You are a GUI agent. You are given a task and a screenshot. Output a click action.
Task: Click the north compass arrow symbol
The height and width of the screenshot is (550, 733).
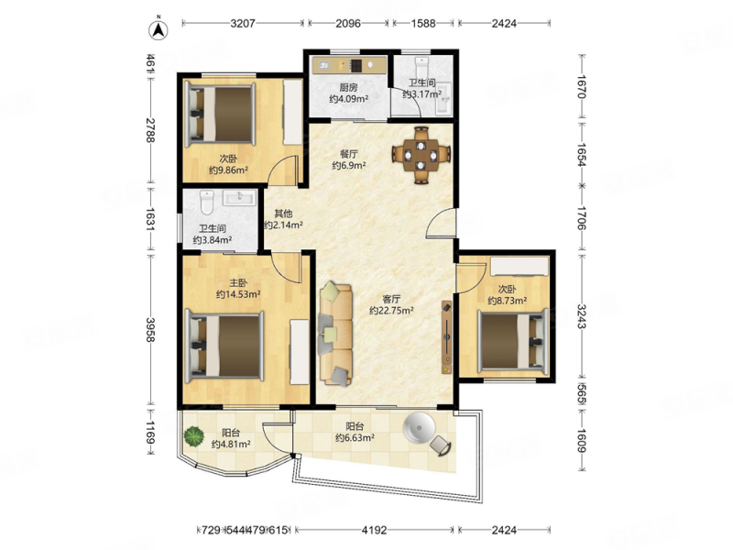coord(159,30)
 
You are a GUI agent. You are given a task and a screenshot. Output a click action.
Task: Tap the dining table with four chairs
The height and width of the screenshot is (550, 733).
coord(421,154)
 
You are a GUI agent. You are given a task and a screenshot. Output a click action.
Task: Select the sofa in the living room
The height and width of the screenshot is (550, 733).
coord(335,334)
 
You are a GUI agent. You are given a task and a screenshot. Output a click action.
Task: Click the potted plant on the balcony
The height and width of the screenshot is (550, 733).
coord(194,436)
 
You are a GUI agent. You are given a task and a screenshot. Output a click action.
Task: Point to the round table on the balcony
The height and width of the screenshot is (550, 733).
coord(420,427)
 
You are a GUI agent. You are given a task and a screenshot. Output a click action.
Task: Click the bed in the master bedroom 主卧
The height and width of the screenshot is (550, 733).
coord(224,346)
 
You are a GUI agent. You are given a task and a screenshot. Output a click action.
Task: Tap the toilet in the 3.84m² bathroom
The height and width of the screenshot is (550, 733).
coord(206,202)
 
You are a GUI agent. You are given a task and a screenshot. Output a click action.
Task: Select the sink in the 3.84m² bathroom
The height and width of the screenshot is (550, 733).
coord(240,198)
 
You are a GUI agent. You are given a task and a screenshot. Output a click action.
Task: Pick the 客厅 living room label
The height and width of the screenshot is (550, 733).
coord(391,299)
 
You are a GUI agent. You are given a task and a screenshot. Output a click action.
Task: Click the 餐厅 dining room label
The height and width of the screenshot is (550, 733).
coord(349,154)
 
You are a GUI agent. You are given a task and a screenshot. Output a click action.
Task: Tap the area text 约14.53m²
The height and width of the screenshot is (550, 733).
coord(238,294)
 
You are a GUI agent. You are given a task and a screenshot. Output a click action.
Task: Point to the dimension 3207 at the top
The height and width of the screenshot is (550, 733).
coord(243,23)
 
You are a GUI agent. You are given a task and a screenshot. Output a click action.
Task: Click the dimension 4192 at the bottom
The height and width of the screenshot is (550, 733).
coord(375,530)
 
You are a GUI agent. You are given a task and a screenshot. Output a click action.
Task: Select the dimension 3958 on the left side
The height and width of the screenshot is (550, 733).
coord(149,330)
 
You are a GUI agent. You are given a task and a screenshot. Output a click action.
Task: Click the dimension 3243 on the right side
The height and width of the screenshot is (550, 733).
coord(581,316)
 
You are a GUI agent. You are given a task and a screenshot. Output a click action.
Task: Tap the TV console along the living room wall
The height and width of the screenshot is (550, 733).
coord(447,336)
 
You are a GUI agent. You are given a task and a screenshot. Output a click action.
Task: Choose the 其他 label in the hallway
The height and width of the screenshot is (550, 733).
coord(283,214)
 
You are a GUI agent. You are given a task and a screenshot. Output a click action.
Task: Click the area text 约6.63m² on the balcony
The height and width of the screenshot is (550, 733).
coord(355,438)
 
